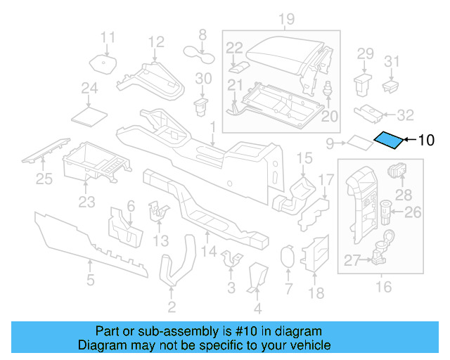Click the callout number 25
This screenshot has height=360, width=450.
[x=44, y=179]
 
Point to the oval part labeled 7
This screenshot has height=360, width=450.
[x=287, y=258]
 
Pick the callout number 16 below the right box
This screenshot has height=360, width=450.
[x=383, y=286]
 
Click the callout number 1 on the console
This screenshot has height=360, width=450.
[x=212, y=125]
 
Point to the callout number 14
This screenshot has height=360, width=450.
[x=208, y=251]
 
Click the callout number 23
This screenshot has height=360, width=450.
[x=86, y=205]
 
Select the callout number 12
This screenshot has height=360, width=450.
[x=155, y=41]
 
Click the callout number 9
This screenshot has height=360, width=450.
[x=330, y=143]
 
